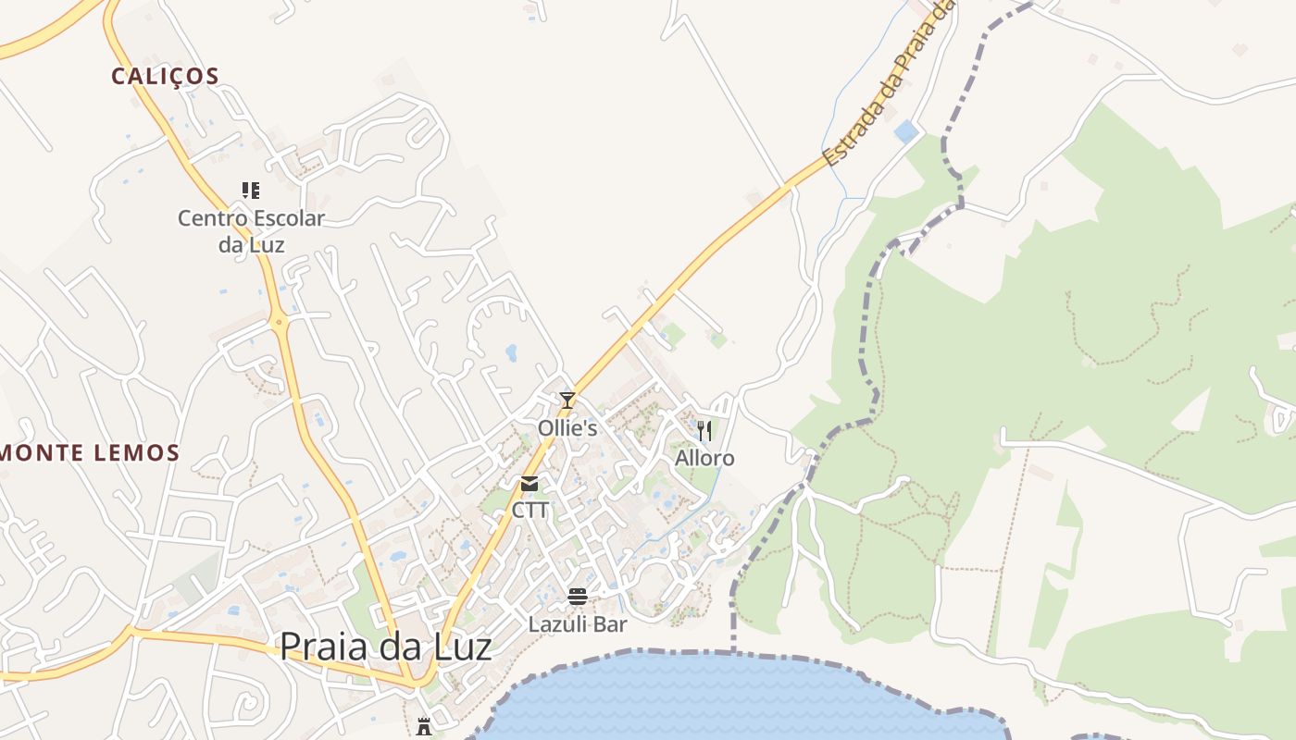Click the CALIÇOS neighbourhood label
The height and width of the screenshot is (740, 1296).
165,76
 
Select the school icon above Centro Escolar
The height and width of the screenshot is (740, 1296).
251,191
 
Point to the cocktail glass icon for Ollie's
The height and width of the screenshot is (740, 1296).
567,401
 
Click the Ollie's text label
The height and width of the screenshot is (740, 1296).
567,429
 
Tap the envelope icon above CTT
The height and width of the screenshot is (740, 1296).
530,484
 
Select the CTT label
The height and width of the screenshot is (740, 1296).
530,511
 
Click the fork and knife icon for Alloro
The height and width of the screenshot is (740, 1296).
704,431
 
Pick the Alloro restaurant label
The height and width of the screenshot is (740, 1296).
704,459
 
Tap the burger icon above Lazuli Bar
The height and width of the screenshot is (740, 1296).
578,597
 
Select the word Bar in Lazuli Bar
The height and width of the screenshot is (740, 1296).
611,624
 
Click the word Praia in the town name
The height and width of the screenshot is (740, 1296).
323,647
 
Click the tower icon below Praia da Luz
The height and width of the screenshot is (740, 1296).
424,726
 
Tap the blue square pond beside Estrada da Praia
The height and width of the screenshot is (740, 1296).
906,132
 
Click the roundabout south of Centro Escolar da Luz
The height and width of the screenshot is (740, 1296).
279,323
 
